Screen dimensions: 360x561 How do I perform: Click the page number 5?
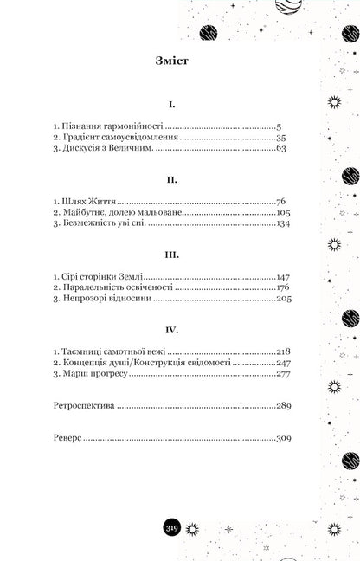click(277, 126)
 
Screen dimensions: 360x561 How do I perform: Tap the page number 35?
click(279, 137)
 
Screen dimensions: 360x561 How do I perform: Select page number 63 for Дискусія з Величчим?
click(279, 149)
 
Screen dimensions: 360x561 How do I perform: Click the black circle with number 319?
click(172, 529)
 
